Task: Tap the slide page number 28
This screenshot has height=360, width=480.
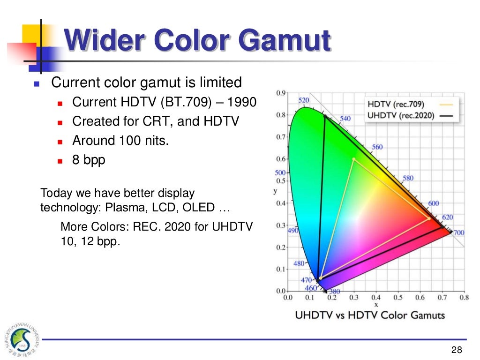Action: [x=457, y=349]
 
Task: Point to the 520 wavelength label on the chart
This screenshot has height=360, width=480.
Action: [x=304, y=100]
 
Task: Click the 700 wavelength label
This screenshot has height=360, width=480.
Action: [x=458, y=232]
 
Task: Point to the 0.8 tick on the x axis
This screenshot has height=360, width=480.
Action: [x=464, y=297]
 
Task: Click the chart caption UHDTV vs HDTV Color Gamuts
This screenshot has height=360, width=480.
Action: [x=370, y=315]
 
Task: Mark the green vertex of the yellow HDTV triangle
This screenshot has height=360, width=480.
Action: [x=353, y=159]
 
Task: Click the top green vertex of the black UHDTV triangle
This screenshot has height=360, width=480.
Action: [x=324, y=115]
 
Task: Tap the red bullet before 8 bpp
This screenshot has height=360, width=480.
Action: [x=60, y=160]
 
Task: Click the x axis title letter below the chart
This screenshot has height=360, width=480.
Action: [x=376, y=304]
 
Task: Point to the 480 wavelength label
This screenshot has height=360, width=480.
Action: [x=299, y=263]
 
